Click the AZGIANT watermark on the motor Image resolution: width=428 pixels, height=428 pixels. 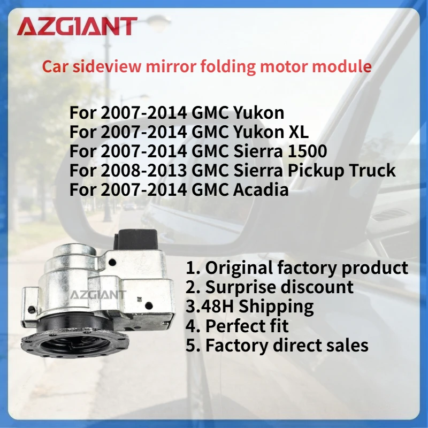pyautogui.click(x=97, y=294)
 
